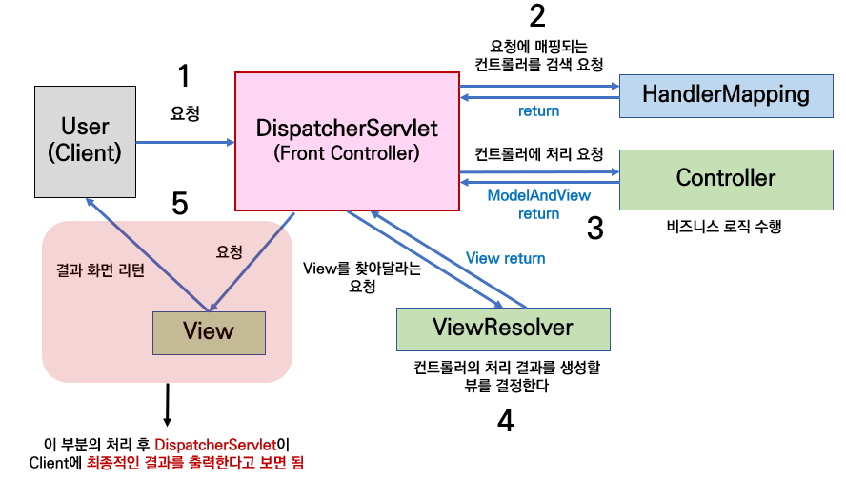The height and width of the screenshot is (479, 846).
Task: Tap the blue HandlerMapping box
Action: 725,94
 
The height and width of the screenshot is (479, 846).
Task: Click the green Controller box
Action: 725,178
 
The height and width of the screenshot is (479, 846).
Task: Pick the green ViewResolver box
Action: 502,329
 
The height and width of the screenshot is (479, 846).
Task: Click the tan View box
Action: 208,331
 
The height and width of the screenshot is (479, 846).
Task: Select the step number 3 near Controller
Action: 594,229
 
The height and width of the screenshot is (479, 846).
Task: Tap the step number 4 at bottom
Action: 506,420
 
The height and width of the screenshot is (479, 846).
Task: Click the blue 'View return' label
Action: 505,258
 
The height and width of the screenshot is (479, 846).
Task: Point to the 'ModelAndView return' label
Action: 538,204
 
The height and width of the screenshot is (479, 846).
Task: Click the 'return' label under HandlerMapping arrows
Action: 538,110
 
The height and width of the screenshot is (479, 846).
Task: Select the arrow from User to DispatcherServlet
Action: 186,143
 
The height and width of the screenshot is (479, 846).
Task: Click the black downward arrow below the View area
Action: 168,405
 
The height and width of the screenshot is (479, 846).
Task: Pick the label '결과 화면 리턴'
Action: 100,269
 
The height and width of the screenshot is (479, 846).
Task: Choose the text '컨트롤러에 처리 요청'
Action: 538,152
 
